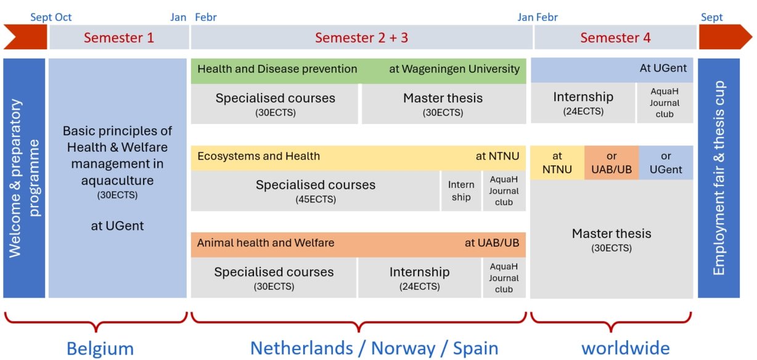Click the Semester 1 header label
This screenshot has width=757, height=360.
[x=118, y=38]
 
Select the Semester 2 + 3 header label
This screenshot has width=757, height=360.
[x=361, y=38]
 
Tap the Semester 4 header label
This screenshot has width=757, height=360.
[x=615, y=38]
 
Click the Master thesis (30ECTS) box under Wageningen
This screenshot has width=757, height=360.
[x=444, y=104]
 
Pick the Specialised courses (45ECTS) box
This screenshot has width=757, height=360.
[x=315, y=191]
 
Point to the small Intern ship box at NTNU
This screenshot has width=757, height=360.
[x=461, y=191]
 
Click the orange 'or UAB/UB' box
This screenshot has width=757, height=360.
[x=612, y=163]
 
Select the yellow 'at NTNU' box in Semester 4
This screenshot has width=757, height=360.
[x=557, y=163]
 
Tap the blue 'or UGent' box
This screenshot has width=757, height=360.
[x=666, y=163]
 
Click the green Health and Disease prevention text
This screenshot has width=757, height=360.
[x=277, y=69]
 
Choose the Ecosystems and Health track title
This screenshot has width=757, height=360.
[x=258, y=156]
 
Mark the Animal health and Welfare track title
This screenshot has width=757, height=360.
[x=266, y=243]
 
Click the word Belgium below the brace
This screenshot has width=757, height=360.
[x=100, y=348]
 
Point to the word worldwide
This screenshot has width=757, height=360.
[x=626, y=348]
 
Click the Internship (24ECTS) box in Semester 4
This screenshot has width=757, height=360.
[x=583, y=103]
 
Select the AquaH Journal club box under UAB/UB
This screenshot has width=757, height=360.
[x=504, y=278]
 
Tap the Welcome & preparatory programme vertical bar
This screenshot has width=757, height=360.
[x=24, y=178]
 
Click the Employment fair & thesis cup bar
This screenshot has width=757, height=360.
[x=719, y=178]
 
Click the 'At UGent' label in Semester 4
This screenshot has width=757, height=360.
[x=663, y=68]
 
